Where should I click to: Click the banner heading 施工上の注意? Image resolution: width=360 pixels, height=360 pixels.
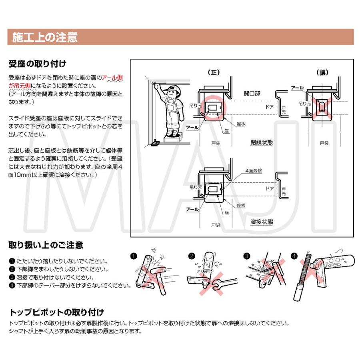44,38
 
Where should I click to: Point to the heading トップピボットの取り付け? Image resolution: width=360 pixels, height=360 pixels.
56,312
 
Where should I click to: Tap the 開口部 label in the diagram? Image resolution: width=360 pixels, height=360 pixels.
252,93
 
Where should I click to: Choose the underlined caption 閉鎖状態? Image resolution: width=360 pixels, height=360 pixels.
262,142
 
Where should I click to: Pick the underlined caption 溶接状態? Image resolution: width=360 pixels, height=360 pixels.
262,221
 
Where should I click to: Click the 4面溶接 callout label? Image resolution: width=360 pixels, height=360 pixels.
254,170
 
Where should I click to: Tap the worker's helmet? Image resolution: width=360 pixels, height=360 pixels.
172,88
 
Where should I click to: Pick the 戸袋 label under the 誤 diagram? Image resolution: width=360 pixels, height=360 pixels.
324,142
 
